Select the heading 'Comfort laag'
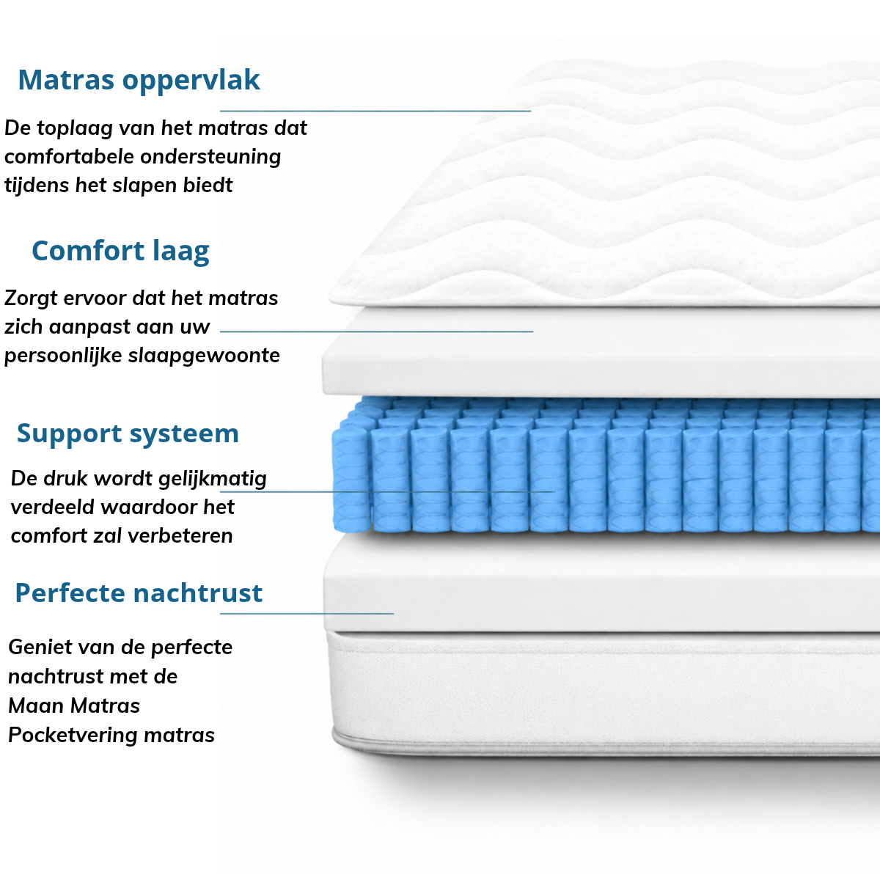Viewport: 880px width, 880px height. (120, 252)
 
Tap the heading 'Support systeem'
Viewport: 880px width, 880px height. (128, 434)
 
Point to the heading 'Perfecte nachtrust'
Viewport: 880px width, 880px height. (139, 593)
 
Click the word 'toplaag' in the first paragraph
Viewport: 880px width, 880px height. (75, 128)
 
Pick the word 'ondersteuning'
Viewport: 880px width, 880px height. (210, 157)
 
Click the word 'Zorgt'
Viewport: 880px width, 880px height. (31, 298)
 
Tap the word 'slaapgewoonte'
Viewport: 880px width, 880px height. (204, 356)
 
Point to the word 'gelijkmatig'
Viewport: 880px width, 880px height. (213, 479)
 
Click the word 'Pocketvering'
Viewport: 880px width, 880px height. (73, 736)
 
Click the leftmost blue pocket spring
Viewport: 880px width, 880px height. (351, 480)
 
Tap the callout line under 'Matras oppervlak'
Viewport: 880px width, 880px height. (375, 111)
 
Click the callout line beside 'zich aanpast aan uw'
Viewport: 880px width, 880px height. (377, 331)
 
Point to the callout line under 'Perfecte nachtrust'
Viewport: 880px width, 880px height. (307, 614)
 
